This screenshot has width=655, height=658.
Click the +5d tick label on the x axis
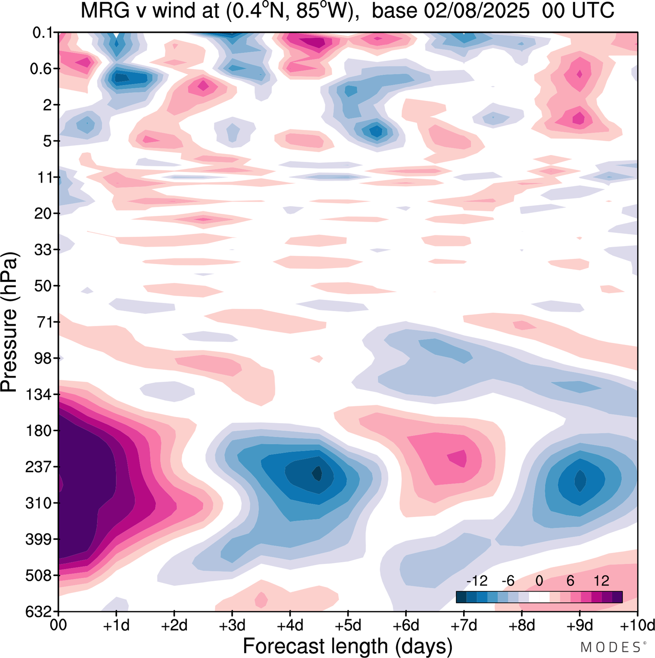click(347, 625)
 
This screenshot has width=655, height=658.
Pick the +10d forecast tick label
click(637, 625)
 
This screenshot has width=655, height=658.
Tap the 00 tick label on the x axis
click(59, 625)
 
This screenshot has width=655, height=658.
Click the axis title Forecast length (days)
click(347, 646)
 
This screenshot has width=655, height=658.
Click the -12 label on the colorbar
click(476, 581)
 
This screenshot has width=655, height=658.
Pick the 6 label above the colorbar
click(570, 581)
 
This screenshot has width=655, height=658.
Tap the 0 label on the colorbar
click(539, 581)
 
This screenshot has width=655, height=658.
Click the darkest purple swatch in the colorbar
click(617, 597)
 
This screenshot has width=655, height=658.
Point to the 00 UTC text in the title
click(578, 10)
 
